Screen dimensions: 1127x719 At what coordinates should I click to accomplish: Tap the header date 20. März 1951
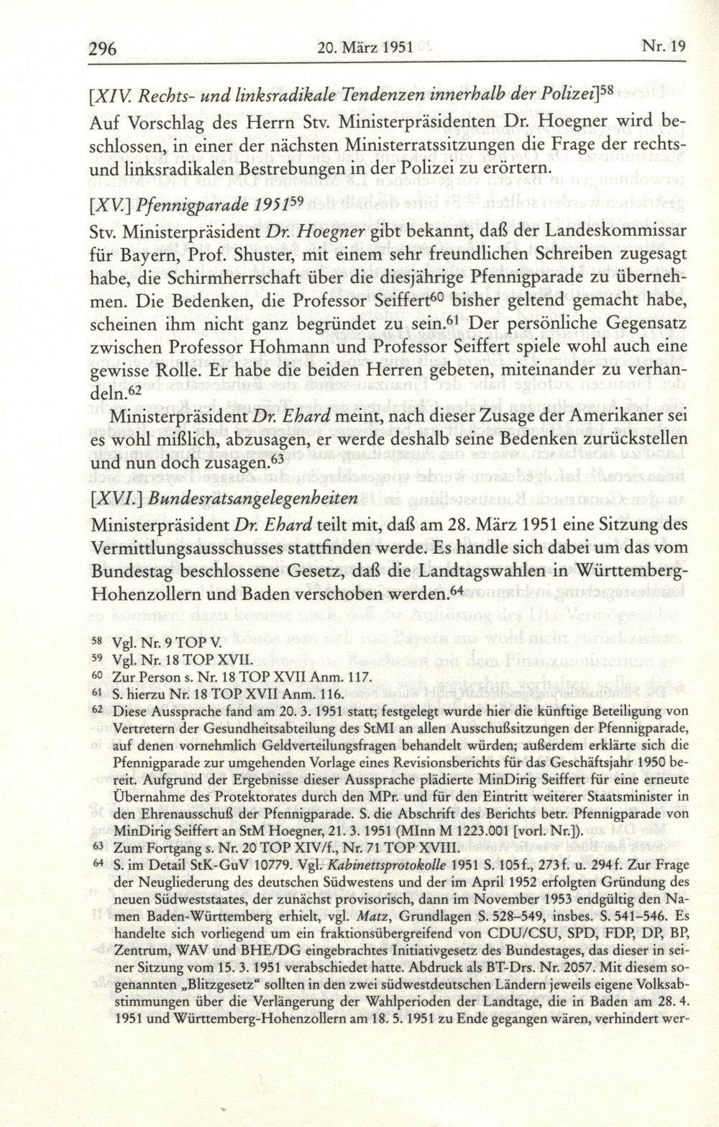(364, 50)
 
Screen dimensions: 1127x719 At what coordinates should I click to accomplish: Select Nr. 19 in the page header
(664, 49)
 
